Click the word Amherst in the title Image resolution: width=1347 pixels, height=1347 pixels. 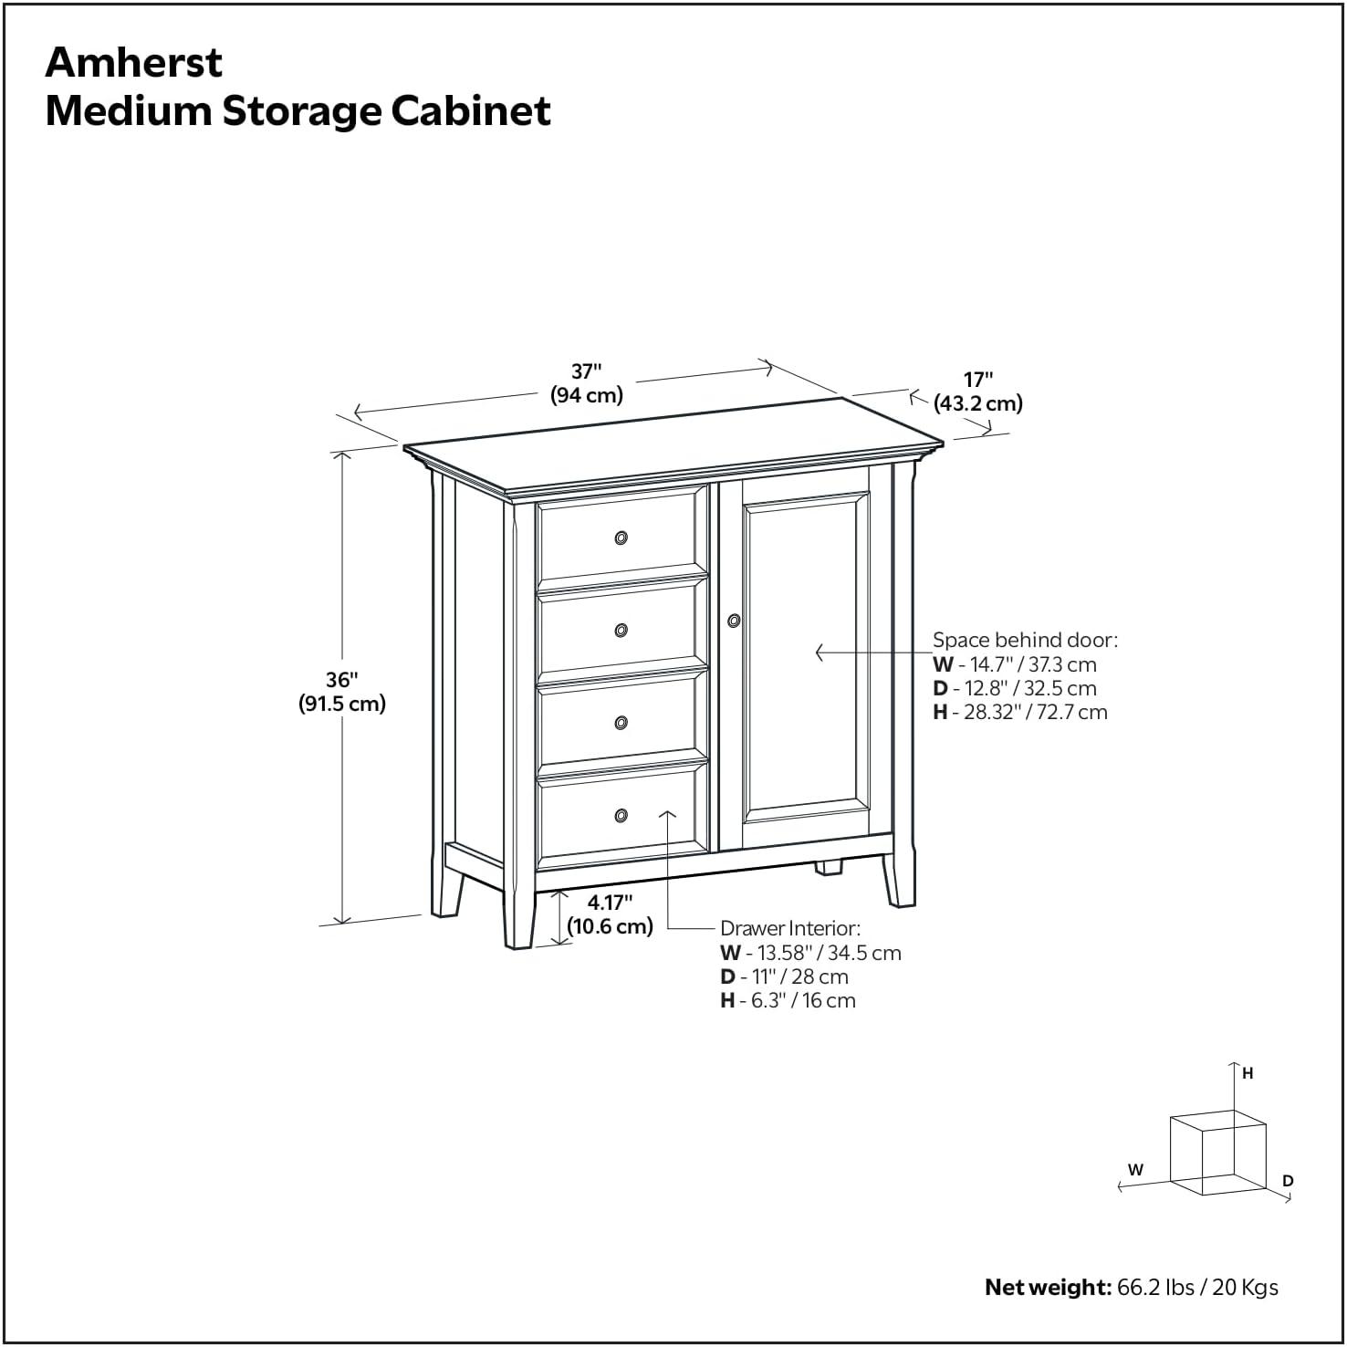[133, 62]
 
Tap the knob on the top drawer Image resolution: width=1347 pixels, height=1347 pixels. [621, 538]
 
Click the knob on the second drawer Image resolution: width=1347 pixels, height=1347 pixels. [621, 630]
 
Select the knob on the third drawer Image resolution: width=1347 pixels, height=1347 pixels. [621, 723]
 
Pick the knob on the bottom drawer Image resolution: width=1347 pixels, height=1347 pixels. [621, 815]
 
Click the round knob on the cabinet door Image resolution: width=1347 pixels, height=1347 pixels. [734, 621]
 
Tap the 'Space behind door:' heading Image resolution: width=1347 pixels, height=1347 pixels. [1024, 640]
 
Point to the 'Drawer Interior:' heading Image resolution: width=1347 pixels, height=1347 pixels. [789, 928]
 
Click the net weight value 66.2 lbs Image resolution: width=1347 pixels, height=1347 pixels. [1155, 1288]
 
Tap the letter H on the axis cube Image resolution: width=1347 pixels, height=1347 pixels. [1248, 1074]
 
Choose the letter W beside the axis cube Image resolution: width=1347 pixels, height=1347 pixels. [1135, 1169]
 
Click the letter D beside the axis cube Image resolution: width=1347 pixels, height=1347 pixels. [1288, 1181]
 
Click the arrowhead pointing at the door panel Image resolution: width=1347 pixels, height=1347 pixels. [820, 653]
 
